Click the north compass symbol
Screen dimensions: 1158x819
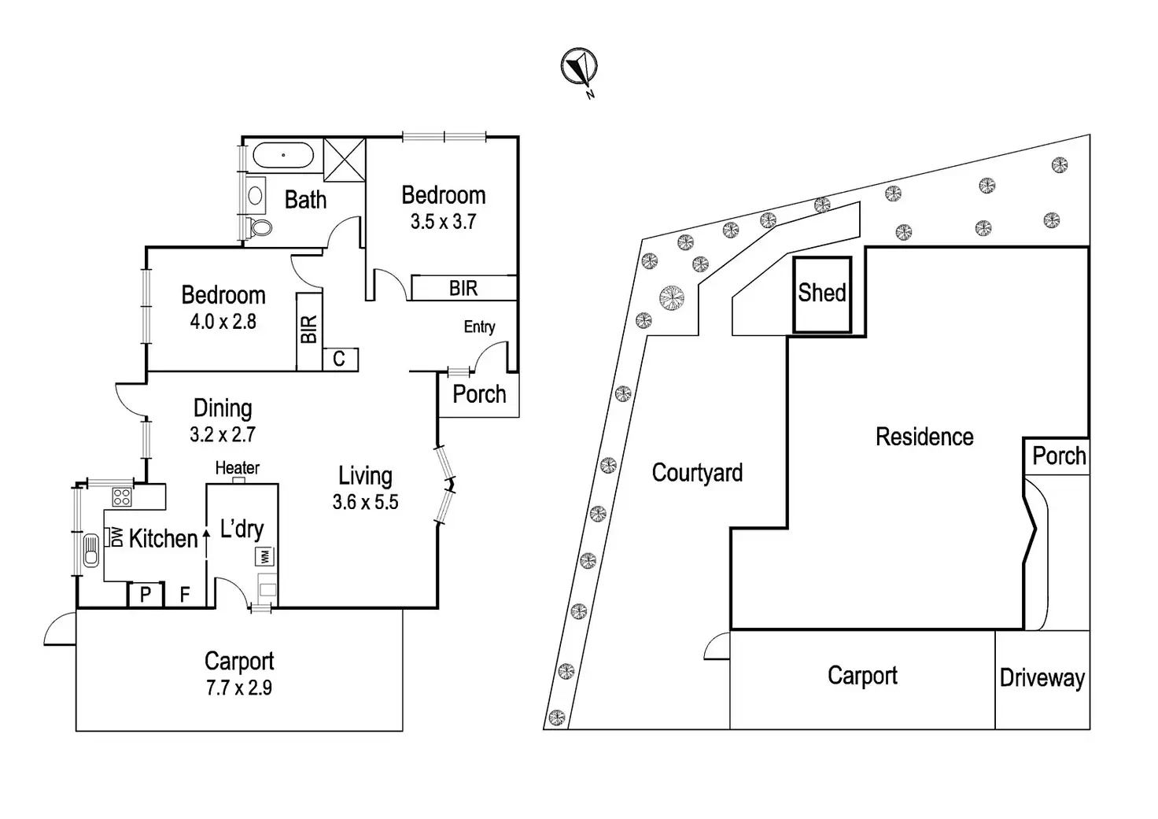coord(580,67)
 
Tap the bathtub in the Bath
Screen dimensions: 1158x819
coord(282,155)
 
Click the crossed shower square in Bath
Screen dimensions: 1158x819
coord(345,160)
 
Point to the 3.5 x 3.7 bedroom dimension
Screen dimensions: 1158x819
coord(443,222)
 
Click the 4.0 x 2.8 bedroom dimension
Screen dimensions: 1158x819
coord(223,322)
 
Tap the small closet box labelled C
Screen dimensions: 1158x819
coord(340,359)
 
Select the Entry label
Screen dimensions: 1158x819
coord(479,326)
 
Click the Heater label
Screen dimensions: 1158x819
coord(238,468)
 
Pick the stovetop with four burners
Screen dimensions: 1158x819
coord(122,497)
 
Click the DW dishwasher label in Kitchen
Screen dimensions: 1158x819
coord(117,537)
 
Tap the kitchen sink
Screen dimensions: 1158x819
coord(91,551)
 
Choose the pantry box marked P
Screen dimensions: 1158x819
coord(146,595)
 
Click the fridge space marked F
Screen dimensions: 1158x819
coord(185,595)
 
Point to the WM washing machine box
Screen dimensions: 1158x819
coord(264,556)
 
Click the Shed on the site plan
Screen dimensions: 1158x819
coord(822,295)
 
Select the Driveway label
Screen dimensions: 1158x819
coord(1042,678)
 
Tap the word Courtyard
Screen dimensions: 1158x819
coord(697,473)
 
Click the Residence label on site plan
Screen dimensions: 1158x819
coord(924,437)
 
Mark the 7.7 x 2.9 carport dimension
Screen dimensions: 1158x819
coord(239,688)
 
